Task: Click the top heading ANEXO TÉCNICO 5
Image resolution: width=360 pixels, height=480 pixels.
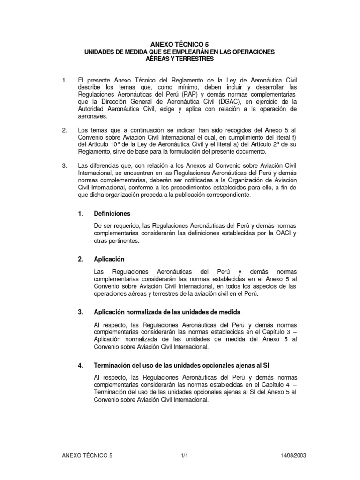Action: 180,45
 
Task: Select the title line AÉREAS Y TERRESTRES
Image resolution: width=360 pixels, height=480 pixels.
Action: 180,59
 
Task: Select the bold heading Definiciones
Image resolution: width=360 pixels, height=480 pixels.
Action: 112,213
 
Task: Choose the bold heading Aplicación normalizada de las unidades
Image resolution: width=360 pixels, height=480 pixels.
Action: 168,312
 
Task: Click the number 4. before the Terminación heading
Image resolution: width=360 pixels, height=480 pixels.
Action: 81,366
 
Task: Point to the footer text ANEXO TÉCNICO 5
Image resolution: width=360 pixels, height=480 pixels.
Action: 87,455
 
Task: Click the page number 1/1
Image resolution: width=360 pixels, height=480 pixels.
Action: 184,455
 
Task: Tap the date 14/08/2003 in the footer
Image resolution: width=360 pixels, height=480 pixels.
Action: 294,455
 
